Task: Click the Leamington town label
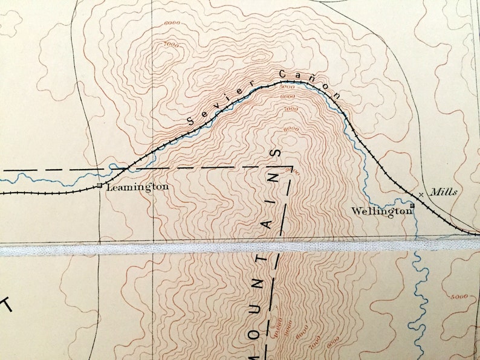click(137, 188)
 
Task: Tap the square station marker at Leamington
click(100, 186)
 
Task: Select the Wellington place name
click(381, 211)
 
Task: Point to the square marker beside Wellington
click(412, 206)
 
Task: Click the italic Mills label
click(444, 192)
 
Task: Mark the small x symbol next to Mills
click(422, 194)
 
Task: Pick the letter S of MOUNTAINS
click(277, 153)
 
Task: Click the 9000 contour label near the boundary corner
click(294, 172)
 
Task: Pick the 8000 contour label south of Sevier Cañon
click(291, 129)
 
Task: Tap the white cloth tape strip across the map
click(240, 247)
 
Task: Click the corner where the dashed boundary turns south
click(292, 167)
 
